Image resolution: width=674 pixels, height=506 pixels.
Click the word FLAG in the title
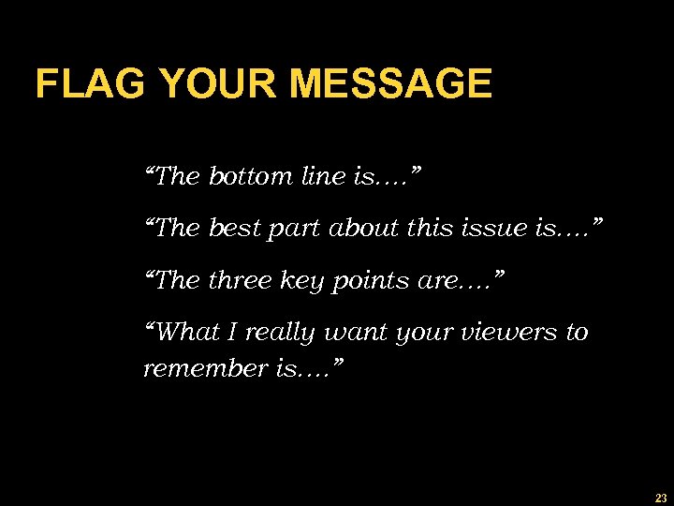click(91, 84)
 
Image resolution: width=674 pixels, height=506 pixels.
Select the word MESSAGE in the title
click(390, 84)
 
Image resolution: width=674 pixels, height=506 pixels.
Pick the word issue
click(491, 229)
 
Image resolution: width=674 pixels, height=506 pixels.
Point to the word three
click(242, 281)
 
